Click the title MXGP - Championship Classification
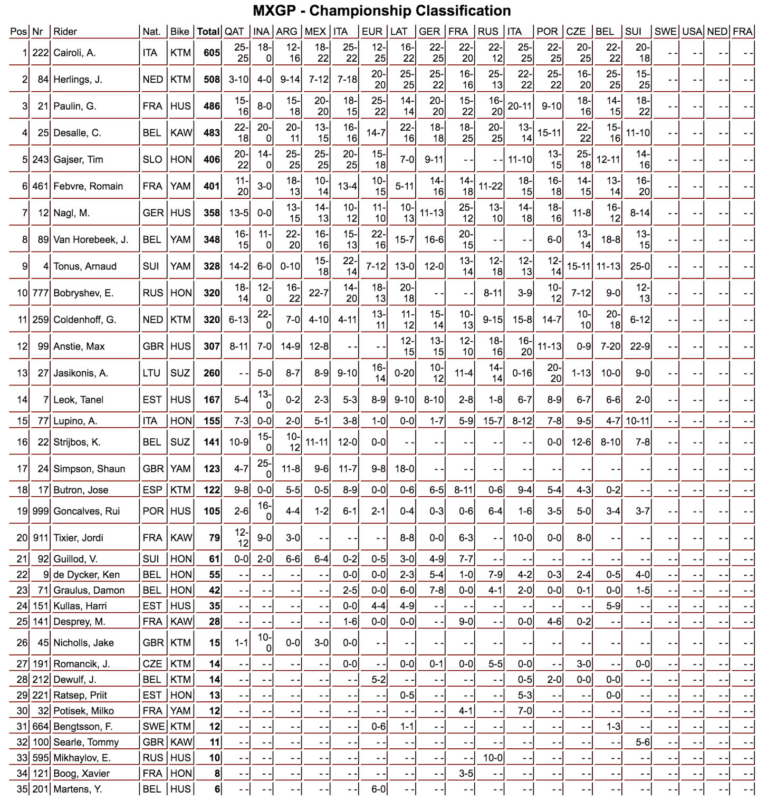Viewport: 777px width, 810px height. coord(381,11)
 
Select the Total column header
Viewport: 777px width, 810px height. coord(208,32)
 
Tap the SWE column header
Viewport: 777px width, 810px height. coord(665,32)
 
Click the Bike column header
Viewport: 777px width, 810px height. coord(179,32)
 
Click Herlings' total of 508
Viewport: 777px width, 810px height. coord(212,80)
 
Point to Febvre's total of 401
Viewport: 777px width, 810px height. coord(212,186)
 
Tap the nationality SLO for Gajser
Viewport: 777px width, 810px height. coord(152,160)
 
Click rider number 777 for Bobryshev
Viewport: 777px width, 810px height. coord(41,293)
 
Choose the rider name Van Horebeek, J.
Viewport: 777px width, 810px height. coord(91,240)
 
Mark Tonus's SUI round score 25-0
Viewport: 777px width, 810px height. coord(639,266)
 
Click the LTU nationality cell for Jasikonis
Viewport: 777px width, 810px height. coord(151,373)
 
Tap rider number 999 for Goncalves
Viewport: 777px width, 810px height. coord(41,511)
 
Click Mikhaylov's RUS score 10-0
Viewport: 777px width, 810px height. coord(493,758)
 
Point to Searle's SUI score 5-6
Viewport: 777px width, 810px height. coord(642,742)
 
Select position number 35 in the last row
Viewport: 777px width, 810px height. coord(22,789)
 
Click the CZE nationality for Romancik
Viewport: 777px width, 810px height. coord(152,664)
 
